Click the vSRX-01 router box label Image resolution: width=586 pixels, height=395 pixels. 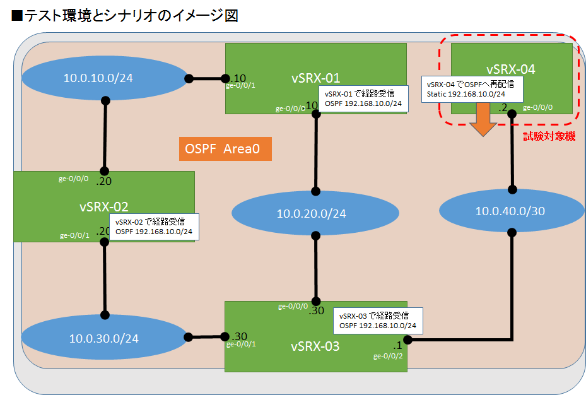coord(315,78)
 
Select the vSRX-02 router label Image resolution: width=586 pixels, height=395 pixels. coord(104,206)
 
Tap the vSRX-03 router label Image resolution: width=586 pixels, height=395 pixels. coord(315,346)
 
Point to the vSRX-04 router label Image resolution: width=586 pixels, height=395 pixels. coord(511,69)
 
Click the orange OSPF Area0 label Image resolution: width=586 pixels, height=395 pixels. coord(225,149)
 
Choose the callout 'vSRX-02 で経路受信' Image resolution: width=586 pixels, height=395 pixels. coord(154,227)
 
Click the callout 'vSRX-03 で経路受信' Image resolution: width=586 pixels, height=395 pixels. coord(378,320)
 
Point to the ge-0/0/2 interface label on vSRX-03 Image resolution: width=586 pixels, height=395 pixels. coord(389,356)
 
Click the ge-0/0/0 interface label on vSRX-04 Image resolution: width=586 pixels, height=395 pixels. coord(538,107)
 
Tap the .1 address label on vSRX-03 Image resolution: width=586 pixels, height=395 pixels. coord(397,345)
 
